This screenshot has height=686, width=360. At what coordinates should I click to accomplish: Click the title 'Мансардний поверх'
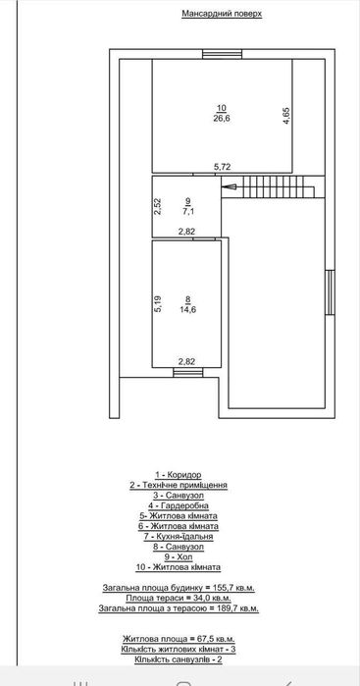[x=223, y=16]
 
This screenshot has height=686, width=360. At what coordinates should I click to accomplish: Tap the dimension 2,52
[x=157, y=206]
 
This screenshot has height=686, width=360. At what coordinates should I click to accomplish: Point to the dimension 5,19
[x=157, y=304]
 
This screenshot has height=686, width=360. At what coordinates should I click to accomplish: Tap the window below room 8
[x=184, y=373]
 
